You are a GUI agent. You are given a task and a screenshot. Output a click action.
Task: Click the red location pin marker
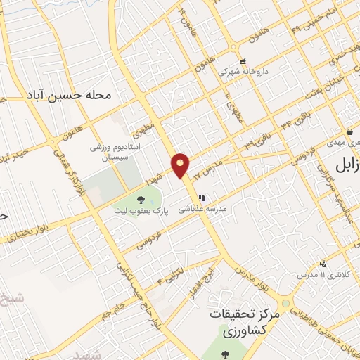[181, 165]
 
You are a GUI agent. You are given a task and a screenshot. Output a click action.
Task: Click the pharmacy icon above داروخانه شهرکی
[243, 60]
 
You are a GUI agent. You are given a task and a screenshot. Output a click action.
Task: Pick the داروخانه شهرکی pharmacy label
[243, 72]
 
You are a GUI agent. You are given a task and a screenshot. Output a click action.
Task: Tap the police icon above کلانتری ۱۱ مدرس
[322, 264]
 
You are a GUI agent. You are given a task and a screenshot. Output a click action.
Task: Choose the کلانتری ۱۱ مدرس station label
[320, 275]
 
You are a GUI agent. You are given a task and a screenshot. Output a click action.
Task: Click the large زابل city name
[344, 166]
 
